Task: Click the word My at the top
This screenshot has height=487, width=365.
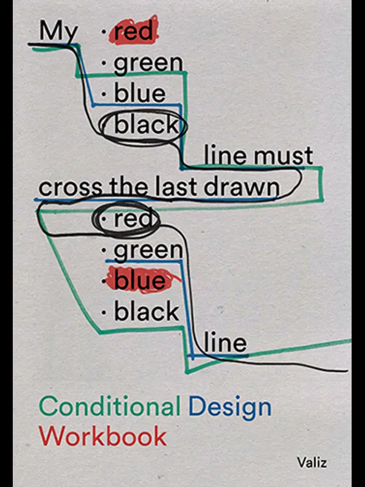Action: pos(59,32)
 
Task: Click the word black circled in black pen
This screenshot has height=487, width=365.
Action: pos(147,125)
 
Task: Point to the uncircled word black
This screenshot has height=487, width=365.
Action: pos(147,312)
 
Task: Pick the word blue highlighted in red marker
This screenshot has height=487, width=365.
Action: pos(139,281)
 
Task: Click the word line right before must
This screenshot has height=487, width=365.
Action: pos(226,156)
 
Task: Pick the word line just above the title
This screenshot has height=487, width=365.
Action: pos(226,343)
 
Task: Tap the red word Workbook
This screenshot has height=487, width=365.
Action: pos(102,436)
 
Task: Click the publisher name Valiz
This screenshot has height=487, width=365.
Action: pos(312,462)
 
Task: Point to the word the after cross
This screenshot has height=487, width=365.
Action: pos(126,187)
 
